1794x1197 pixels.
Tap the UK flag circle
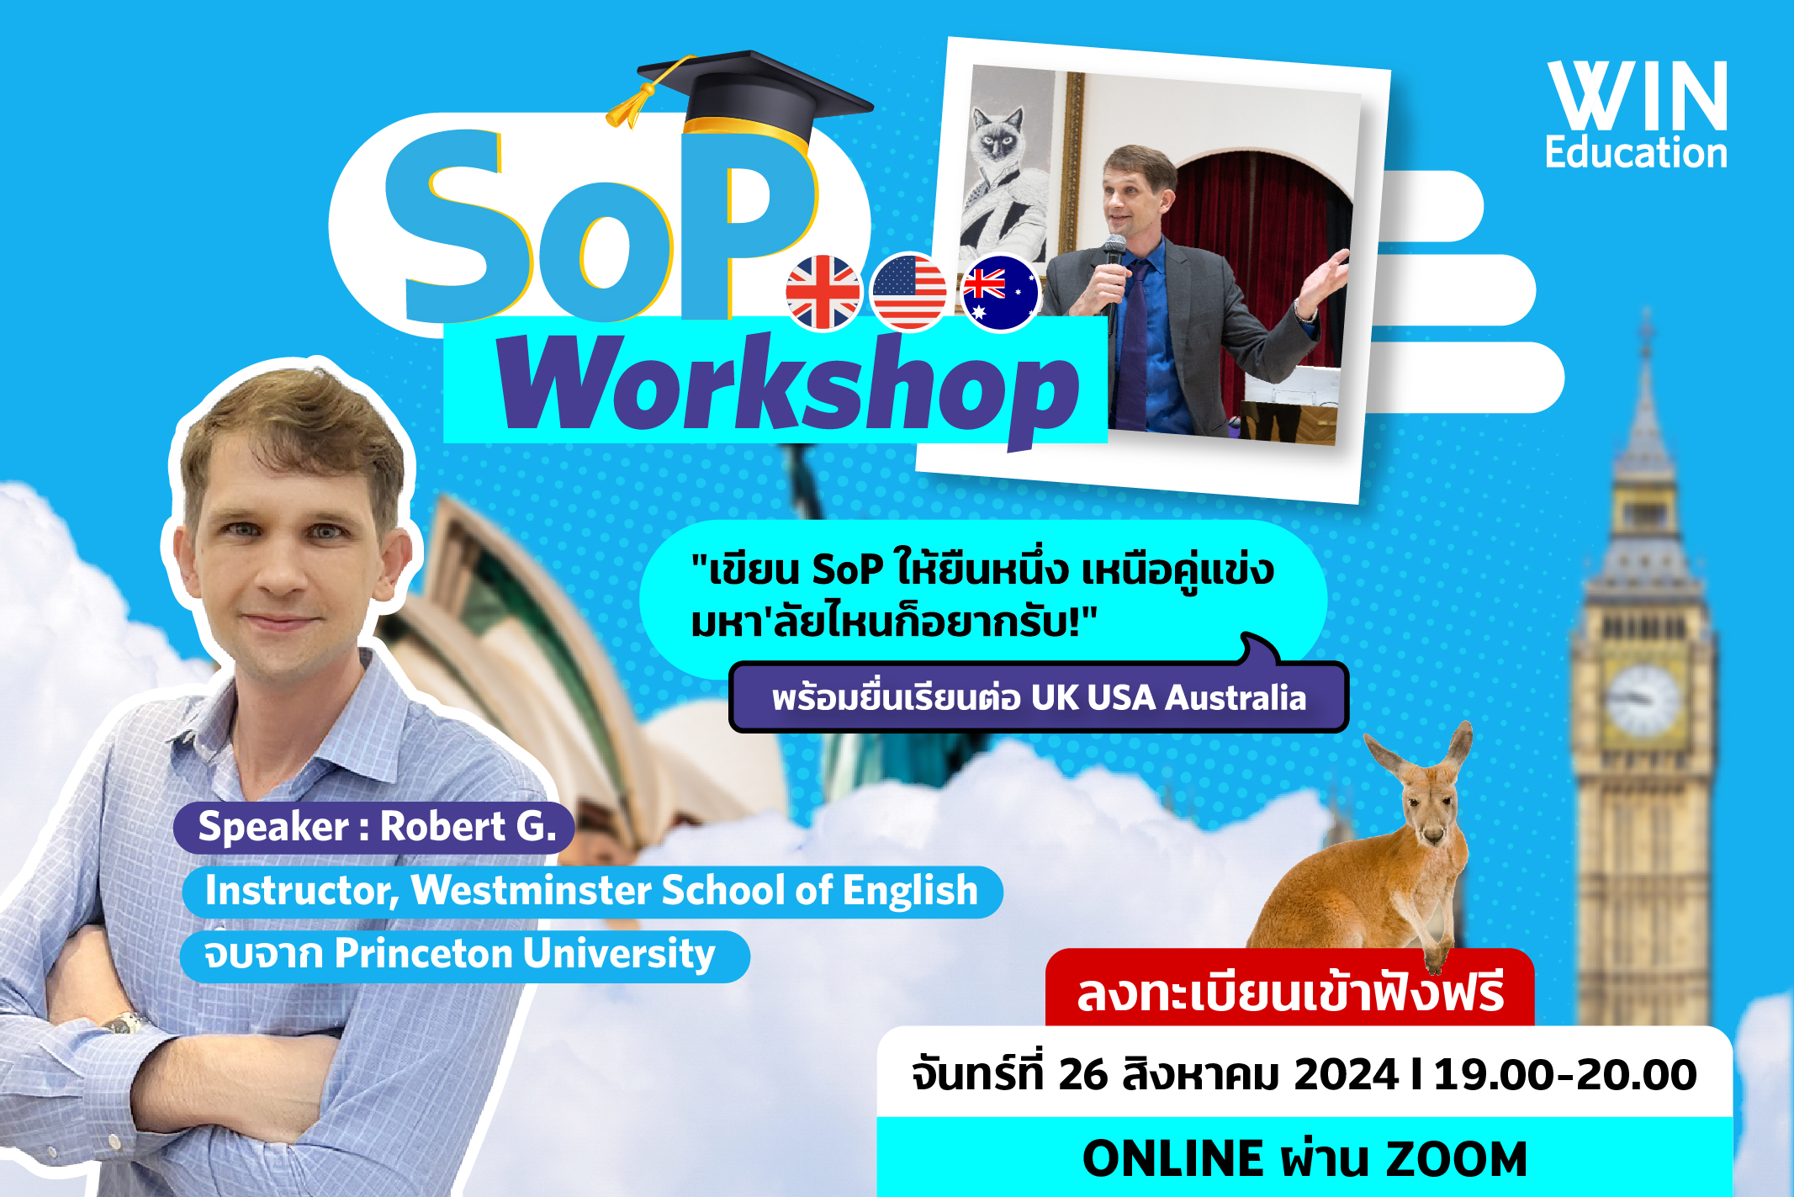823,293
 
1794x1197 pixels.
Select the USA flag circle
909,292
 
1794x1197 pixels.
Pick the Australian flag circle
1000,293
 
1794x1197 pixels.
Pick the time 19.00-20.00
1564,1075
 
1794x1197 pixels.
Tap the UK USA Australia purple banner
1039,697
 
